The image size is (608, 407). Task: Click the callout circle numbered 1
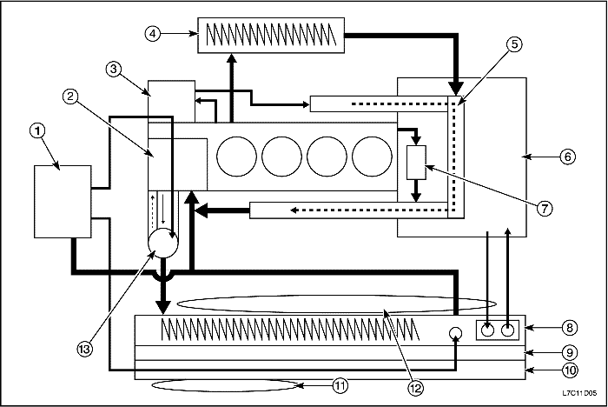point(36,131)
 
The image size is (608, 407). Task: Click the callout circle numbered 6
point(566,157)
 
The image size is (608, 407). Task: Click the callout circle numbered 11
point(340,384)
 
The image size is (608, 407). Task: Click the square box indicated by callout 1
point(63,200)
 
